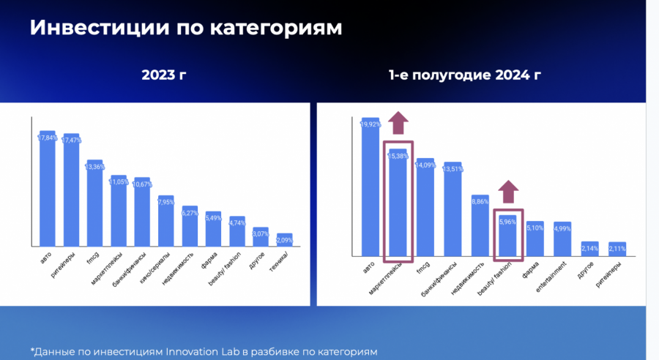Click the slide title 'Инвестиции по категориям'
(186, 28)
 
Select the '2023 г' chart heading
(164, 75)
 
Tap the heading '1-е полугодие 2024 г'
(465, 75)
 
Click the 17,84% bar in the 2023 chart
(48, 189)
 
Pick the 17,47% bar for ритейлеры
(71, 190)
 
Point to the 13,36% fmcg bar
(94, 203)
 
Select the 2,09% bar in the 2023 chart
(285, 240)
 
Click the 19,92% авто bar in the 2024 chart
(371, 187)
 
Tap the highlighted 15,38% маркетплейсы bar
(398, 203)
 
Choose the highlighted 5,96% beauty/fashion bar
(507, 236)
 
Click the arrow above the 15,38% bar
(398, 123)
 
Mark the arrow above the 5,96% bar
(508, 192)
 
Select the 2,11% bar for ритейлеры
(617, 249)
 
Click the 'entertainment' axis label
(551, 277)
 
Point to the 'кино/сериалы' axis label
(155, 268)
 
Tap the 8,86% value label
(480, 202)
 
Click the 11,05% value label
(119, 182)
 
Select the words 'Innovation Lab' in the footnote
(192, 352)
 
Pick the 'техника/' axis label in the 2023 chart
(279, 262)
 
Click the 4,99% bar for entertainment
(562, 239)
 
